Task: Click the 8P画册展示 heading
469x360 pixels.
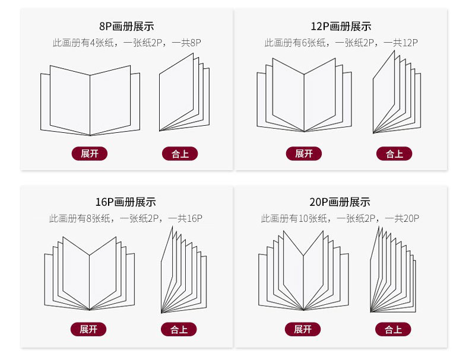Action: pos(127,26)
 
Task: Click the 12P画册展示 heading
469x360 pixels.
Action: pos(341,26)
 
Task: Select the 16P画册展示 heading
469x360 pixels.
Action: pos(126,202)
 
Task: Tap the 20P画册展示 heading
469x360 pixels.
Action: pos(340,202)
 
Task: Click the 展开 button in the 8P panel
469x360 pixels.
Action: pos(90,154)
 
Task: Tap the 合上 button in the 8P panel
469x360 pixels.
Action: pos(180,154)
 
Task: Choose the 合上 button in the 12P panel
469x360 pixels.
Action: pos(394,154)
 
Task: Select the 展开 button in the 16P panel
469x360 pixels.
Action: pos(88,329)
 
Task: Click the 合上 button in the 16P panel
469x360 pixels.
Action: pos(179,329)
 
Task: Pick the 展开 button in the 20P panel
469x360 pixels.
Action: pos(303,329)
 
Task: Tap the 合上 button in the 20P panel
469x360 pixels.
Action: pos(393,329)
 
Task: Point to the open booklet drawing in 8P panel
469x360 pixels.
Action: pos(90,100)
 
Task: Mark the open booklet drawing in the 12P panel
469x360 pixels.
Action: pos(304,95)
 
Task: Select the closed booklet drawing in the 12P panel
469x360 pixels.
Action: pos(396,93)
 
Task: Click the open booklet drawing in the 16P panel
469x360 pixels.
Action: pos(90,273)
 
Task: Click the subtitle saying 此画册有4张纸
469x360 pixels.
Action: pos(126,43)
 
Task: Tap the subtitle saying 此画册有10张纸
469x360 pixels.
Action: pos(340,219)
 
